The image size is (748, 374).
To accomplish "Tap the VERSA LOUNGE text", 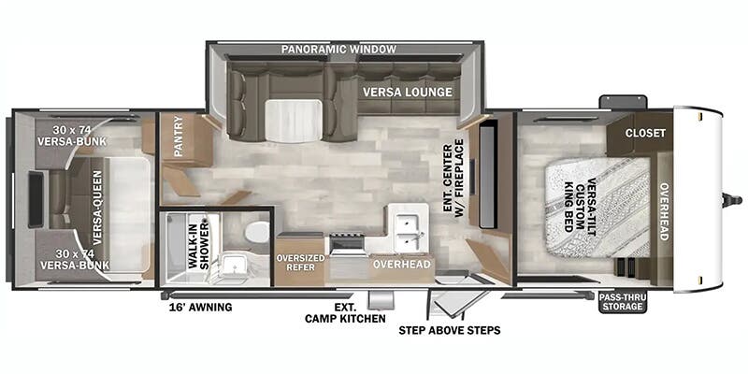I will [x=409, y=92].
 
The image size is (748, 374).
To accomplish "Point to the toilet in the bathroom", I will [x=255, y=231].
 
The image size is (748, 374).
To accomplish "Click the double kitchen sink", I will [x=409, y=231].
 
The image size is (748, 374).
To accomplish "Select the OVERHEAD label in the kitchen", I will [x=401, y=265].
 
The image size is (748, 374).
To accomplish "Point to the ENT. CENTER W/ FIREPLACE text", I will [x=453, y=178].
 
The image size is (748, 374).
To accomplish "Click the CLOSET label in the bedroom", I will [x=645, y=133].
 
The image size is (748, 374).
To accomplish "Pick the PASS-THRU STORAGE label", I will [x=622, y=301].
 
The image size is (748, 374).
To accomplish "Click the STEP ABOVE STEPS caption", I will [x=449, y=330].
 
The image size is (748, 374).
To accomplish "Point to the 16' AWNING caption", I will [x=200, y=307].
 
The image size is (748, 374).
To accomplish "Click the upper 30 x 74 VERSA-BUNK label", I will [x=72, y=136].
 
